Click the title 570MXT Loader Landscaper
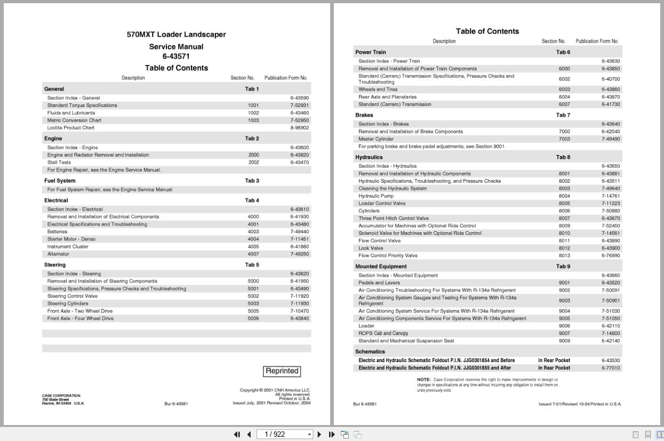point(176,35)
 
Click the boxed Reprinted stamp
point(282,371)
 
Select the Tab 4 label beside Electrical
point(252,200)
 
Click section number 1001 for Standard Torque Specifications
point(253,105)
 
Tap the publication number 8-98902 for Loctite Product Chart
point(299,128)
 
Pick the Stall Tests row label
point(59,162)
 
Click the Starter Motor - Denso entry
point(71,239)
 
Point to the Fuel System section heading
point(60,181)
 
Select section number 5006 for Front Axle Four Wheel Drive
point(253,318)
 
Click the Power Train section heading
point(371,52)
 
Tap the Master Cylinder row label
point(376,139)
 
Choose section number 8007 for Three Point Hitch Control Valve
point(564,218)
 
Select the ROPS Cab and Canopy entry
point(383,333)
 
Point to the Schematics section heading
point(370,352)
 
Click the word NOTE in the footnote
point(423,380)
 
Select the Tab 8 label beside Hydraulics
point(563,157)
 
